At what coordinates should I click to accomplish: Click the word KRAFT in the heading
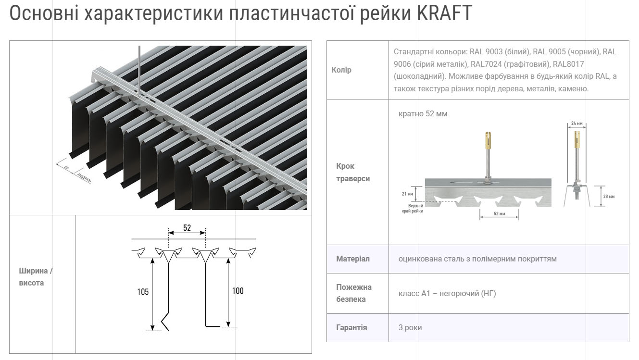coord(445,13)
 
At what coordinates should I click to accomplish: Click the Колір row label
coord(341,70)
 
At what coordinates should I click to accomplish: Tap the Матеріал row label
coord(353,259)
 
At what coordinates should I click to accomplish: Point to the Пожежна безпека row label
coord(354,293)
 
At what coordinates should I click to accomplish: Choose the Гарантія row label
coord(351,328)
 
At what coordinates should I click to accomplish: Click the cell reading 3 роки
coord(410,328)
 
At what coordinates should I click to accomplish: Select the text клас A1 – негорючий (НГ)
coord(447,294)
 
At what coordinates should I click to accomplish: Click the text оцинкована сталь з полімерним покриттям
coord(477,259)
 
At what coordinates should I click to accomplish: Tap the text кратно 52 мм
coord(423,114)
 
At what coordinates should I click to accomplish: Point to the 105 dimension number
coord(143,292)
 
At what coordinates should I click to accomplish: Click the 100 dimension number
coord(238,291)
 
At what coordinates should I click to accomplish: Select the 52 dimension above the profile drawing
coord(187,228)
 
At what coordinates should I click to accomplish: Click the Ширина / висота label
coord(36,277)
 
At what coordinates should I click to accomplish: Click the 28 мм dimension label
coord(608,196)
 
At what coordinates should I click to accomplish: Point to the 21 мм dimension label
coord(407,194)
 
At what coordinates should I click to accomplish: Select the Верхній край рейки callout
coord(413,208)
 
